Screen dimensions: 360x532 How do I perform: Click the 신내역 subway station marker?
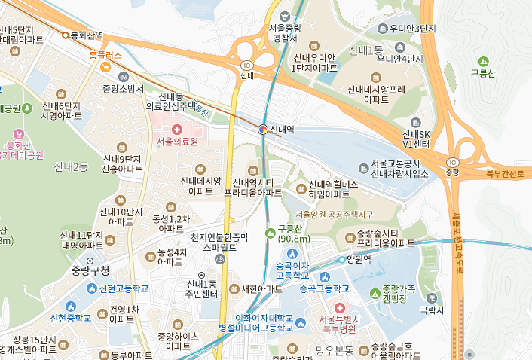[x=262, y=130]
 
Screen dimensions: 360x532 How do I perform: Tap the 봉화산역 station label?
[x=87, y=35]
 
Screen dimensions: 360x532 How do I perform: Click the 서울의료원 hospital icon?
[x=176, y=130]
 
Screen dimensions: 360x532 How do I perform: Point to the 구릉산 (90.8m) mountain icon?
[x=271, y=230]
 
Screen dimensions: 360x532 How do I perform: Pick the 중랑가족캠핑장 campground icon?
[x=375, y=292]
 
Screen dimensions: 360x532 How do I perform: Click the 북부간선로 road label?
[x=504, y=173]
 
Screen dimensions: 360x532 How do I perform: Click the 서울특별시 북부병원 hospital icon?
[x=339, y=308]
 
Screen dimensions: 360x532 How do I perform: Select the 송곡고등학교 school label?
[x=325, y=288]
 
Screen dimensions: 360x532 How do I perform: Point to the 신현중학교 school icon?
[x=72, y=306]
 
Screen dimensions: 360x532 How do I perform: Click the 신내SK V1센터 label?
[x=416, y=138]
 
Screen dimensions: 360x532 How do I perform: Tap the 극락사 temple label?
[x=432, y=309]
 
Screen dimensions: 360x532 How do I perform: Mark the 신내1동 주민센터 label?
[x=201, y=288]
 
